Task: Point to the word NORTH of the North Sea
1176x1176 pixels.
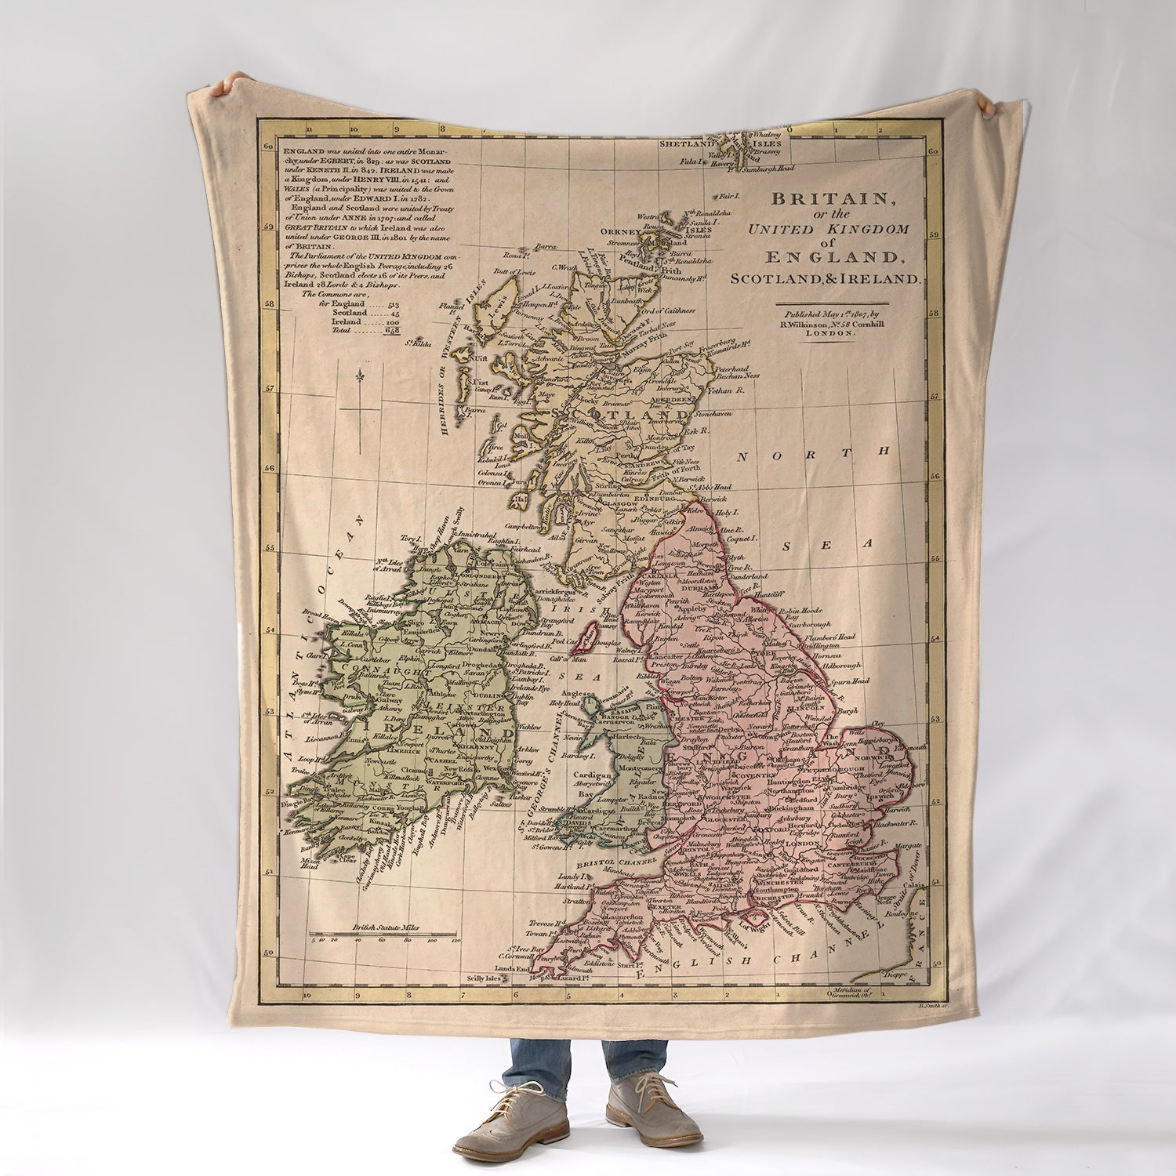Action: point(815,452)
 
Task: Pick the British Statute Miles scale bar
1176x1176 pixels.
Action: point(384,935)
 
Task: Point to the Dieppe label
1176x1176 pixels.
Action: point(895,975)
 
